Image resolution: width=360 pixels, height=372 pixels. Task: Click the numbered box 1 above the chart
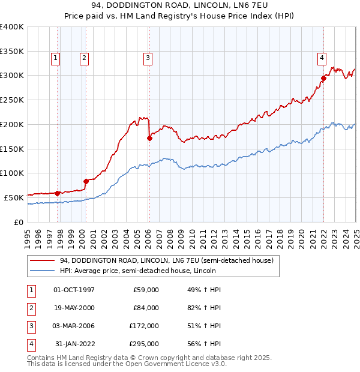(x=55, y=58)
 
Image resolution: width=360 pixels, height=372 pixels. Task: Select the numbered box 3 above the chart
(x=147, y=58)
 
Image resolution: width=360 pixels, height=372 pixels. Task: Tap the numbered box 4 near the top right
(x=322, y=58)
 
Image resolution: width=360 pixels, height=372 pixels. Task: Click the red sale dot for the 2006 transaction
(x=149, y=138)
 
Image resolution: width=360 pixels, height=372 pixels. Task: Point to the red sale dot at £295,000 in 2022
(x=323, y=77)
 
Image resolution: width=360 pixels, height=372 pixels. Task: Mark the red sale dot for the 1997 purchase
(x=57, y=193)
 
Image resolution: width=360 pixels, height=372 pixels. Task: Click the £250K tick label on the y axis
(x=11, y=100)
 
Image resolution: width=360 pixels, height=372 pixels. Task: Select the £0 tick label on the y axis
(x=18, y=222)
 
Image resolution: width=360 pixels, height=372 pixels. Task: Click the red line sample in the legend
(x=42, y=260)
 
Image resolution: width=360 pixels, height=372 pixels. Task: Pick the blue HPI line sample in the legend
(x=42, y=271)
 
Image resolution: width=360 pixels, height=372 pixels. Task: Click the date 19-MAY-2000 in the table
(x=74, y=308)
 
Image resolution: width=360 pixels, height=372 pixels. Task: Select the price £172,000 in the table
(x=144, y=326)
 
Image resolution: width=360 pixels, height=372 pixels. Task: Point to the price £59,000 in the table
(x=146, y=290)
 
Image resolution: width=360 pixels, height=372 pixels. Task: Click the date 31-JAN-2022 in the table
(x=74, y=344)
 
